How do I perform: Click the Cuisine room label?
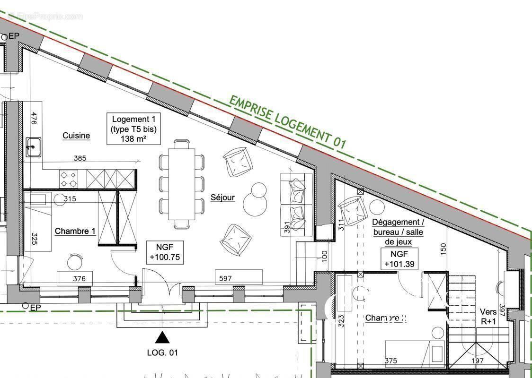tap(76, 136)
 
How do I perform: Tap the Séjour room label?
tap(222, 198)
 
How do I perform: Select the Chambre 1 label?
tap(75, 231)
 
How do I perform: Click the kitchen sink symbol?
tap(34, 147)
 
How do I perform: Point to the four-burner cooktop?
tap(68, 179)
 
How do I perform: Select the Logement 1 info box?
tap(133, 129)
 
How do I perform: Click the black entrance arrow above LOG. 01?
tap(162, 337)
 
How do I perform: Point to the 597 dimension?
tap(226, 279)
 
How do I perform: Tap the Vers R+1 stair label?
tap(488, 316)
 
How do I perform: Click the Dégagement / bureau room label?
tap(398, 232)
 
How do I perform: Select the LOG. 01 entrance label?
tap(162, 352)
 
